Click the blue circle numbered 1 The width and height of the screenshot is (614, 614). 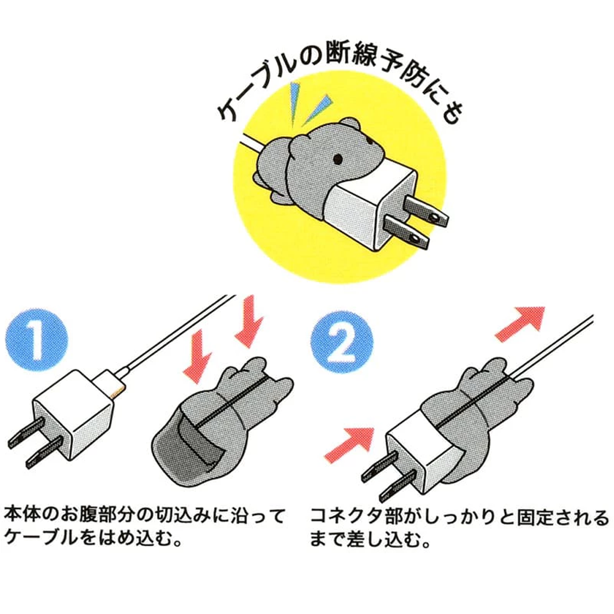pos(37,339)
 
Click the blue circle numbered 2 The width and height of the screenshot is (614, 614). pos(342,342)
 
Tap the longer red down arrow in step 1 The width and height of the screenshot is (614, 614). pos(248,321)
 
